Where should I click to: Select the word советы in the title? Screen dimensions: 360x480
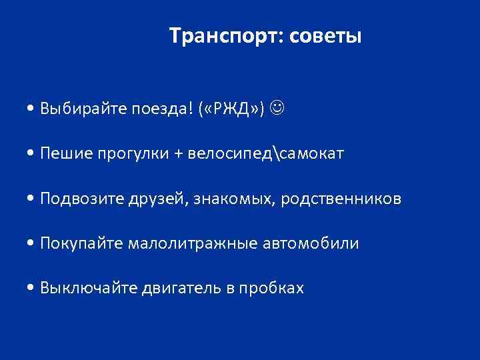pos(325,35)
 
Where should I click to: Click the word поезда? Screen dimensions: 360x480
pos(153,108)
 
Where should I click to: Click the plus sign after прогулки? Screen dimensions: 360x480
pos(177,155)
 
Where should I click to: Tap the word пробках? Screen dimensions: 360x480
pos(273,288)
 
